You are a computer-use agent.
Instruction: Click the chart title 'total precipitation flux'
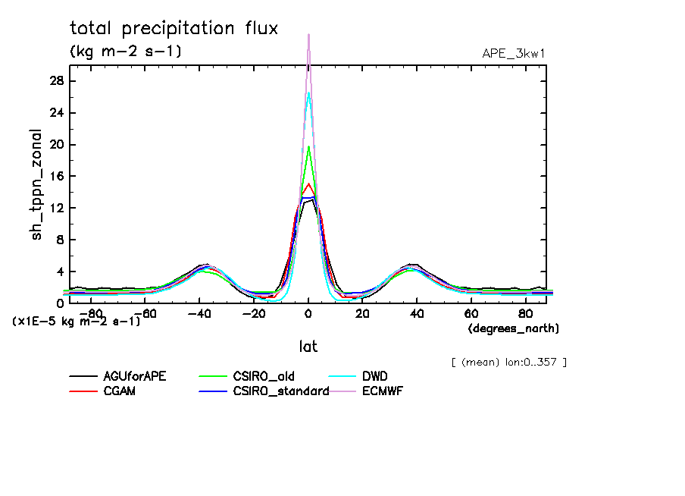tap(174, 29)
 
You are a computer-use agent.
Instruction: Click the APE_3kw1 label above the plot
tap(514, 53)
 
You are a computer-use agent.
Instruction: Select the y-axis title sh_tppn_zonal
tap(37, 184)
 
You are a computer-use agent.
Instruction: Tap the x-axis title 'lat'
tap(308, 347)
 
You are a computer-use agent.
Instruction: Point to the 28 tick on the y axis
tap(56, 81)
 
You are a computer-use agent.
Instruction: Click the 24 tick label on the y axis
tap(56, 113)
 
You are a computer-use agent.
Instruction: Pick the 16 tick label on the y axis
tap(56, 176)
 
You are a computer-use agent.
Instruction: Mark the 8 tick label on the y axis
tap(60, 240)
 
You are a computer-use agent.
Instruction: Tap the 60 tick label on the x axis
tap(470, 313)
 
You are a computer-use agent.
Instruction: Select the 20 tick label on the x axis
tap(362, 313)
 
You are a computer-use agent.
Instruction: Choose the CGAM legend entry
tap(118, 391)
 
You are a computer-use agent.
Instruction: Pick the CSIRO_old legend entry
tap(263, 375)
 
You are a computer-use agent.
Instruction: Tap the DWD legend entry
tap(374, 375)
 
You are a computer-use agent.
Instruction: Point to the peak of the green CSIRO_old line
tap(308, 147)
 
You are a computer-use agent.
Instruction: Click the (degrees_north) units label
tap(513, 328)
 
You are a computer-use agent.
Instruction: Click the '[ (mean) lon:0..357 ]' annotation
tap(508, 362)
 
